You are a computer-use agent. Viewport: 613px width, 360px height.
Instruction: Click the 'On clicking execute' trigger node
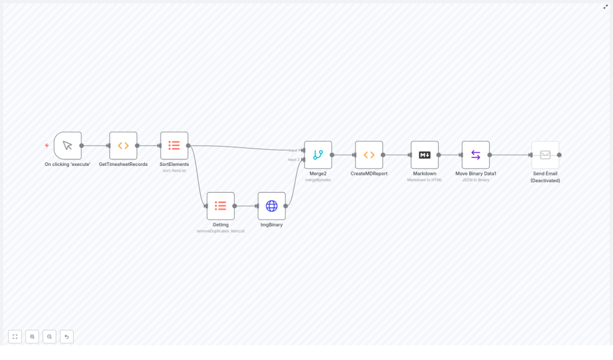tap(68, 146)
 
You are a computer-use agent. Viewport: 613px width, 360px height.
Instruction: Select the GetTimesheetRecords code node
tap(123, 146)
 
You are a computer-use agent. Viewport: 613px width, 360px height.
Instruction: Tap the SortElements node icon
tap(174, 146)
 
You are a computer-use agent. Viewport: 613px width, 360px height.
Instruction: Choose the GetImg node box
tap(220, 206)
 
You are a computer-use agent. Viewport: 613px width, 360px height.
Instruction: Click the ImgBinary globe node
tap(272, 206)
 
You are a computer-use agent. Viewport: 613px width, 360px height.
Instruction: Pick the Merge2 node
tap(318, 155)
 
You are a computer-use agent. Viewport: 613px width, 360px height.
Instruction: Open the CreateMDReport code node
tap(369, 155)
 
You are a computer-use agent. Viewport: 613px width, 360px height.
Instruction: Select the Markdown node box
tap(424, 155)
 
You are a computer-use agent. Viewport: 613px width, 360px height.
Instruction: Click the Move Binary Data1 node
tap(475, 155)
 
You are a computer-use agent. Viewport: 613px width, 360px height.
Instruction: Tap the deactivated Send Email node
tap(545, 155)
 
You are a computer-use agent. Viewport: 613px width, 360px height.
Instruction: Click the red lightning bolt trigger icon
tap(47, 146)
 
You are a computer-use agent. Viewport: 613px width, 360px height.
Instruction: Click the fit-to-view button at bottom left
tap(15, 337)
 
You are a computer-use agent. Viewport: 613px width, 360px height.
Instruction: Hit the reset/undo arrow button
tap(66, 337)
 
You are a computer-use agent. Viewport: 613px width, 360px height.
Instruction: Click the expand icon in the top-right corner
tap(605, 7)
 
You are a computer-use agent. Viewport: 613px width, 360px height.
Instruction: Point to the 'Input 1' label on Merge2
tap(294, 150)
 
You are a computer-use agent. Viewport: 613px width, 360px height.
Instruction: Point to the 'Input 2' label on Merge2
tap(294, 159)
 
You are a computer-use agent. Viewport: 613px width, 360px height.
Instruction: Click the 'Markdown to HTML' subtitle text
tap(424, 180)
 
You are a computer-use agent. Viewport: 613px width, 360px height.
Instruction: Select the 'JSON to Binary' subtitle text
tap(475, 180)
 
